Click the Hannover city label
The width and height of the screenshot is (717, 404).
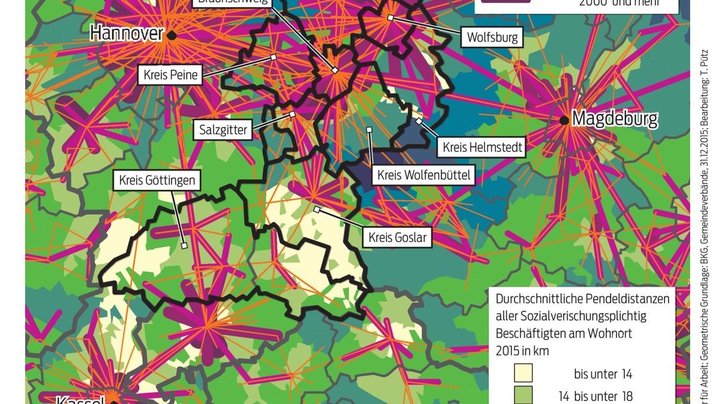(126, 34)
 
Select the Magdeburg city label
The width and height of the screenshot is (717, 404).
(615, 119)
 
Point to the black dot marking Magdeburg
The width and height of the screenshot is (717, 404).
(564, 120)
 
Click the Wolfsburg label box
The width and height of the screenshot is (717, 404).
(492, 38)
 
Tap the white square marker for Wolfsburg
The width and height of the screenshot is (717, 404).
(390, 18)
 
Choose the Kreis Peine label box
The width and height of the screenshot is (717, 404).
(170, 75)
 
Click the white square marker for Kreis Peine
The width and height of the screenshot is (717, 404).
(273, 57)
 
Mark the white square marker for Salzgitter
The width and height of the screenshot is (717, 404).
(292, 114)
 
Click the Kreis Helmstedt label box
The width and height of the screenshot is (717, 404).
(482, 147)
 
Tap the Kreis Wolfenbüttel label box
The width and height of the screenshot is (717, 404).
(424, 175)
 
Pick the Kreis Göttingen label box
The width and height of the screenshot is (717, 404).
(157, 180)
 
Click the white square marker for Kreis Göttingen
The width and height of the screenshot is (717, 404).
(185, 245)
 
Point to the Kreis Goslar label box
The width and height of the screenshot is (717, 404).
(397, 237)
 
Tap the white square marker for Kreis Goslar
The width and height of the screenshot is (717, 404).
(317, 209)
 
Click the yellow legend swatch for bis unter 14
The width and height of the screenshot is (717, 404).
(524, 374)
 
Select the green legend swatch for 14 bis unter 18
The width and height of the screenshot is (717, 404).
(524, 396)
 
